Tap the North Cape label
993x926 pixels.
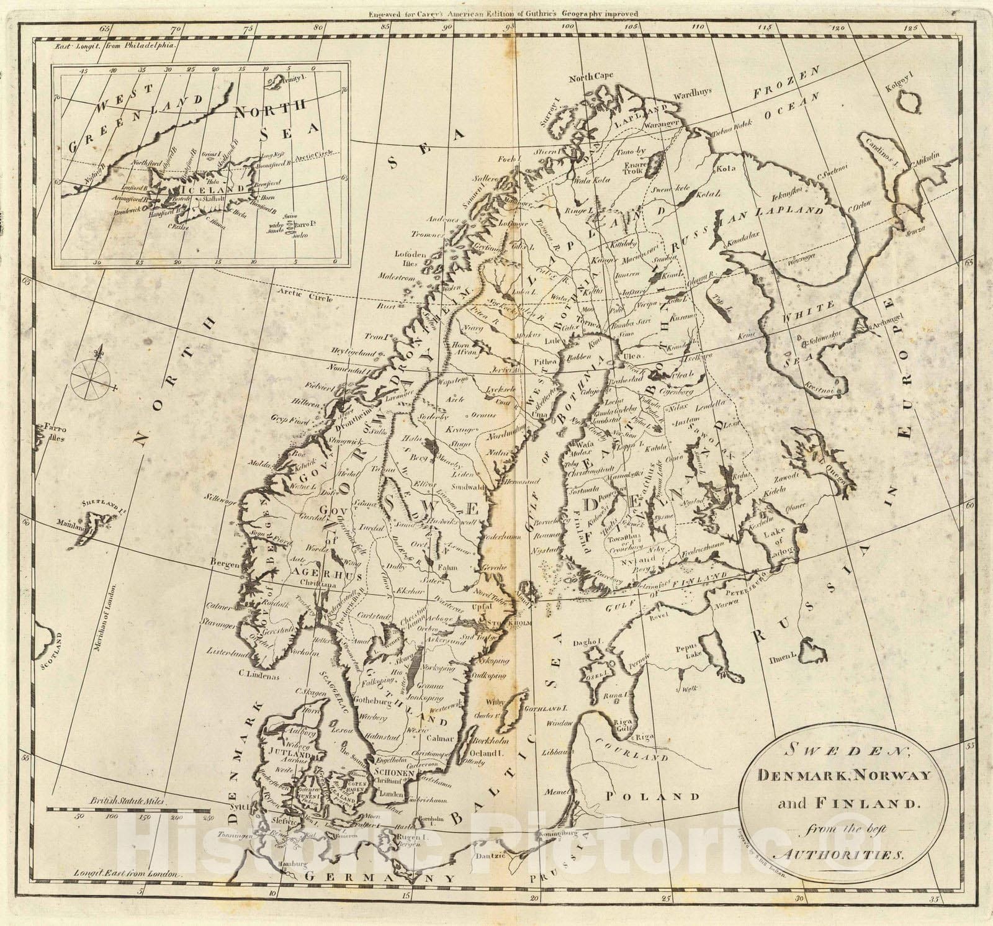click(591, 76)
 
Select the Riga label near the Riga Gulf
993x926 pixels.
click(645, 737)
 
